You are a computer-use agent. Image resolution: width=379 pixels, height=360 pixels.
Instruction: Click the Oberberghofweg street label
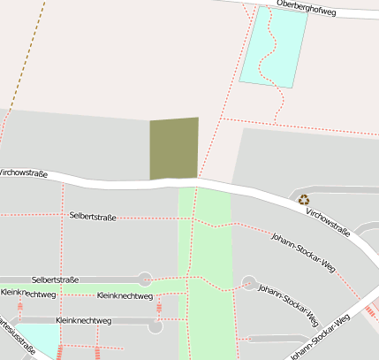[308, 4]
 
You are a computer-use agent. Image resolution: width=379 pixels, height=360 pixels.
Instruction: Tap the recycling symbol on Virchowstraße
[304, 200]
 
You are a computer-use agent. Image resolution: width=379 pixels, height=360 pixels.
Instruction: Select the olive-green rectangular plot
[173, 149]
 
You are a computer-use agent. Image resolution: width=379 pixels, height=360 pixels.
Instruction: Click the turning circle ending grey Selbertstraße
[145, 280]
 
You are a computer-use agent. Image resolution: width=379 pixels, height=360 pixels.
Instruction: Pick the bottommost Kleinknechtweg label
[83, 319]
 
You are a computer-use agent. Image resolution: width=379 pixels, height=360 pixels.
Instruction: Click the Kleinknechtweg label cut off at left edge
[28, 293]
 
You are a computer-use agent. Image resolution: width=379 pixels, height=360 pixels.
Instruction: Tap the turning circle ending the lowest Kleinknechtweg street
[156, 326]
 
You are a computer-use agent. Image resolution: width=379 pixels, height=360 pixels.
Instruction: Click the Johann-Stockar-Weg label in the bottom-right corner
[320, 337]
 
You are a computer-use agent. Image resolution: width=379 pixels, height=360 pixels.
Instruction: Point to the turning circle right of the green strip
[249, 284]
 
